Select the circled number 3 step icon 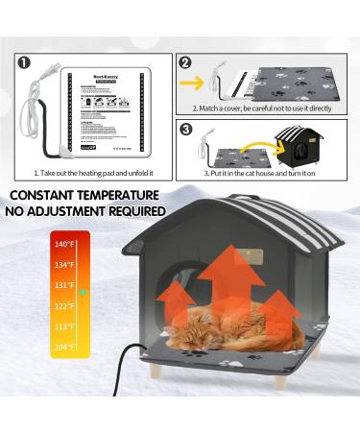[186, 128]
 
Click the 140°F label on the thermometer [63, 244]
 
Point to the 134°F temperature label [63, 264]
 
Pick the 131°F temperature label [63, 285]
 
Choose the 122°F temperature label [63, 305]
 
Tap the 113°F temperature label [63, 325]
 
